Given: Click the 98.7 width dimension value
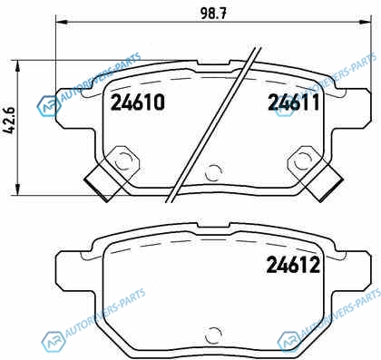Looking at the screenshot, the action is pyautogui.click(x=213, y=14).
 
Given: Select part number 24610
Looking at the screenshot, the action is pyautogui.click(x=138, y=102).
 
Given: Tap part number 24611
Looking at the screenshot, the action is pyautogui.click(x=294, y=102).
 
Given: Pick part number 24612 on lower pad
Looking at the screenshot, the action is pyautogui.click(x=293, y=265).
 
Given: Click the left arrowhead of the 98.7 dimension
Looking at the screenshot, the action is pyautogui.click(x=62, y=22).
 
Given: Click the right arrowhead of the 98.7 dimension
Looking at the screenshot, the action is pyautogui.click(x=365, y=22).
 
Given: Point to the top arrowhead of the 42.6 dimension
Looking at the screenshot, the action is pyautogui.click(x=18, y=65).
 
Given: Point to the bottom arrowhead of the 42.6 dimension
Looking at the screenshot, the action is pyautogui.click(x=18, y=190).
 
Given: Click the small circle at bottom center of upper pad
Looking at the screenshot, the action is pyautogui.click(x=213, y=173).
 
